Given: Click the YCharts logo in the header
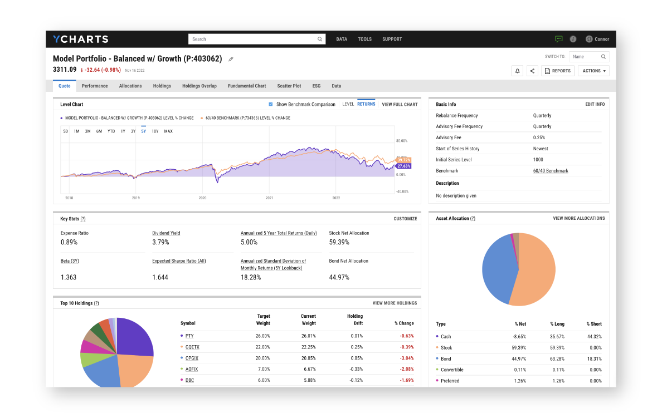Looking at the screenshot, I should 80,39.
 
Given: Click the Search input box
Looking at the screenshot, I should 254,39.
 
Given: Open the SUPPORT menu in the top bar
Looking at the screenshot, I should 392,39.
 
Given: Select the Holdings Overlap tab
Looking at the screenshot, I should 199,86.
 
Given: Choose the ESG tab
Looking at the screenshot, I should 317,86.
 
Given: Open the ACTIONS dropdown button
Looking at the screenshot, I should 593,71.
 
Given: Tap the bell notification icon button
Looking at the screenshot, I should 517,71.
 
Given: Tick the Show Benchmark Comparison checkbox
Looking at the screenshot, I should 271,104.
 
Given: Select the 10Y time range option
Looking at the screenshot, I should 155,131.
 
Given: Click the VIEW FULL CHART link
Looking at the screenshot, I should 400,104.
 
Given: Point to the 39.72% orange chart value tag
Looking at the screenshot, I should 403,160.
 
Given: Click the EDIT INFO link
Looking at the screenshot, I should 595,104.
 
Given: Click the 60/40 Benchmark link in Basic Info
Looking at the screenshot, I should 551,171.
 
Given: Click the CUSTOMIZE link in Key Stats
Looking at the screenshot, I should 405,219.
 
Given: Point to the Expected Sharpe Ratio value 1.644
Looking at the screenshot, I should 160,277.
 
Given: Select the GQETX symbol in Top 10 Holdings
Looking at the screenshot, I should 192,347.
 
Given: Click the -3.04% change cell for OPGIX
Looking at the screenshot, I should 406,358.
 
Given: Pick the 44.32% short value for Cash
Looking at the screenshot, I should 593,336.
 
